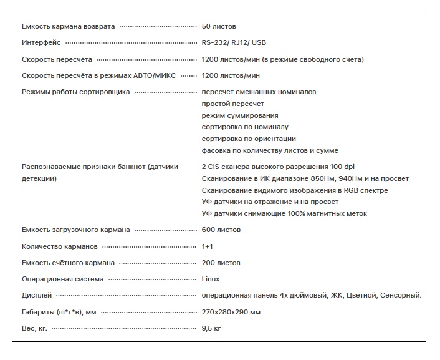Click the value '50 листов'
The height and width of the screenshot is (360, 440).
219,26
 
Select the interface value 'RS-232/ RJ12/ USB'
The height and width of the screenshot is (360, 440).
234,43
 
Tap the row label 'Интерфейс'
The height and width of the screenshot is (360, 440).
41,43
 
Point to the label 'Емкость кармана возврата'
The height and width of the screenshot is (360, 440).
69,26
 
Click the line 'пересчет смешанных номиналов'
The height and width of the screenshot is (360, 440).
259,92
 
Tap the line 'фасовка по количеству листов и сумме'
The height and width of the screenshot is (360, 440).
270,150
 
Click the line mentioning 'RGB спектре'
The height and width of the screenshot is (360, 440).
294,190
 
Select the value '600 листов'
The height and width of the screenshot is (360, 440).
221,230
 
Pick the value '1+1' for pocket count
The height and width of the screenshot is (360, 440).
208,246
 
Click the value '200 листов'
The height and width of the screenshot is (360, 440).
221,263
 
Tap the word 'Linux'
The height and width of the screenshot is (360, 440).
211,279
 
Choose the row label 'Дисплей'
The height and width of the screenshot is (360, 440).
37,295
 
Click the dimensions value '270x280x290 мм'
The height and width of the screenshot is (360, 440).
231,311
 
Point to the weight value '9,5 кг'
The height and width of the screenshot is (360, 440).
211,328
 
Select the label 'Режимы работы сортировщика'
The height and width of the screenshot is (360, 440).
75,92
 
